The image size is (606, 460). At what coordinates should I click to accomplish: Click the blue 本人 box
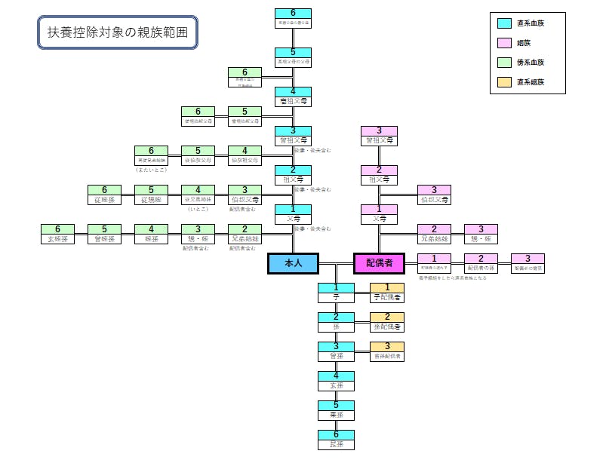click(293, 262)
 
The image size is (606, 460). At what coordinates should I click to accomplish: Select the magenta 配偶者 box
click(379, 262)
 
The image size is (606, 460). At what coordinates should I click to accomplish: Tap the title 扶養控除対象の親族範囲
click(118, 33)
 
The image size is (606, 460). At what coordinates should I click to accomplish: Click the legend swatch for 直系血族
click(504, 23)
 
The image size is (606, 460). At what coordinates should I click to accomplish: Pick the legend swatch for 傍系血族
click(504, 63)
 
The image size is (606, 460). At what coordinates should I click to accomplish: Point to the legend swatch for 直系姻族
click(504, 81)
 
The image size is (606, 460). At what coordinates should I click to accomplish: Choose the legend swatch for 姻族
click(504, 43)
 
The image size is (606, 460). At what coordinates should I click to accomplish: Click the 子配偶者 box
click(387, 292)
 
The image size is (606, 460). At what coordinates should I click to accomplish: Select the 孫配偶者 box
click(387, 322)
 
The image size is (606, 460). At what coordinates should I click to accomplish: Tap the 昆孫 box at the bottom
click(336, 440)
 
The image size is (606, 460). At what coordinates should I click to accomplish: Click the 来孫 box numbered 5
click(336, 410)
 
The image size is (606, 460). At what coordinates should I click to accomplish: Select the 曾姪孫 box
click(106, 234)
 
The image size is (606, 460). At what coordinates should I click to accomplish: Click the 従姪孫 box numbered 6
click(105, 195)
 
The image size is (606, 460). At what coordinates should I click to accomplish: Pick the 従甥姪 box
click(152, 195)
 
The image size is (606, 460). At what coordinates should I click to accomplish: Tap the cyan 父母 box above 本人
click(293, 214)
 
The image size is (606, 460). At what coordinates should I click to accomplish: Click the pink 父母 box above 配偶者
click(379, 214)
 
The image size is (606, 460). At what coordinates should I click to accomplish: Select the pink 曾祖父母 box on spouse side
click(379, 136)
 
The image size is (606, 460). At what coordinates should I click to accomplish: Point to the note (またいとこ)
click(151, 169)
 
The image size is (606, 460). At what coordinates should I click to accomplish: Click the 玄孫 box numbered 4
click(336, 381)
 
